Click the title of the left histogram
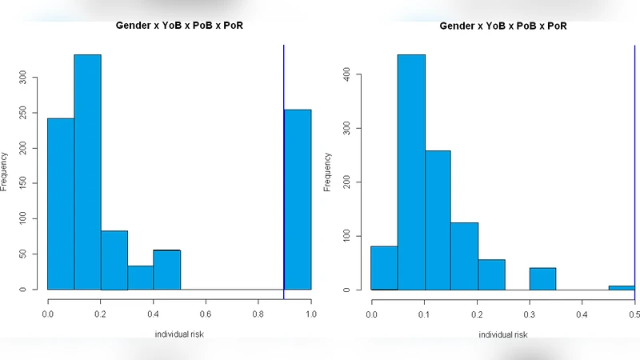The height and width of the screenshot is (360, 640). pyautogui.click(x=178, y=26)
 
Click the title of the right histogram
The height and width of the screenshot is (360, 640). pyautogui.click(x=503, y=26)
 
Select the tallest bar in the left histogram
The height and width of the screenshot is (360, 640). pyautogui.click(x=87, y=172)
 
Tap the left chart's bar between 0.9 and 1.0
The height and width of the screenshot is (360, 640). pyautogui.click(x=298, y=199)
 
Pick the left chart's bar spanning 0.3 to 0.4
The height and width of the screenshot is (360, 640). pyautogui.click(x=140, y=278)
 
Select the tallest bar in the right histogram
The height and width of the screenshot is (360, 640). pyautogui.click(x=411, y=172)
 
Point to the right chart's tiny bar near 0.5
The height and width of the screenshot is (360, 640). pyautogui.click(x=622, y=287)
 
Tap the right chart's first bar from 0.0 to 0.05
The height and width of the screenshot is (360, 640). pyautogui.click(x=385, y=268)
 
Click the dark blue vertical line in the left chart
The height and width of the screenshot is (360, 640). pyautogui.click(x=284, y=160)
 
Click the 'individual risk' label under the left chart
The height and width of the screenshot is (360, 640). pyautogui.click(x=178, y=334)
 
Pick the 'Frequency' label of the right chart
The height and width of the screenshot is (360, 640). pyautogui.click(x=327, y=172)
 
